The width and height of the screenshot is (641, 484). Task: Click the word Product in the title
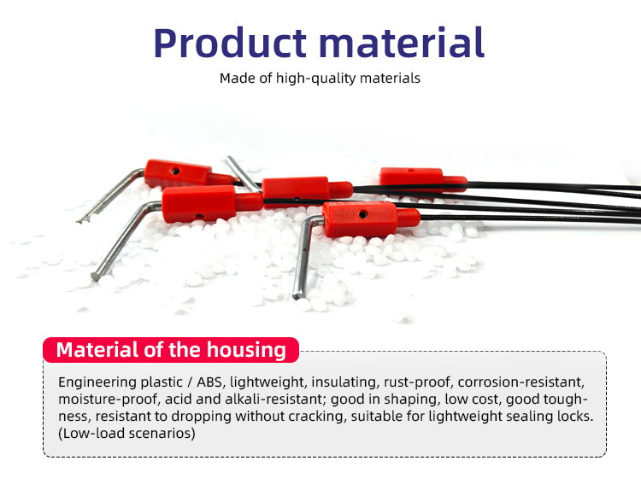pyautogui.click(x=230, y=44)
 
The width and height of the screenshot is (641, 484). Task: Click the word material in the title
pyautogui.click(x=402, y=43)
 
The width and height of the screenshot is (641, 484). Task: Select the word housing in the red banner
pyautogui.click(x=246, y=350)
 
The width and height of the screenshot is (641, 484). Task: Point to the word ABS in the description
pyautogui.click(x=209, y=382)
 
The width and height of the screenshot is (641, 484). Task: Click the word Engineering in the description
pyautogui.click(x=97, y=382)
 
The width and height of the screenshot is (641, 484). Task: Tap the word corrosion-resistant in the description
pyautogui.click(x=521, y=382)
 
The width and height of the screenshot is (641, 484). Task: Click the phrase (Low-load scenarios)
pyautogui.click(x=126, y=434)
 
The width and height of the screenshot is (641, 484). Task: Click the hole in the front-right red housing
pyautogui.click(x=362, y=214)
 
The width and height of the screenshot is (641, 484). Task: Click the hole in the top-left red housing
pyautogui.click(x=175, y=171)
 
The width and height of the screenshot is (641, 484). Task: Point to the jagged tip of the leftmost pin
pyautogui.click(x=83, y=220)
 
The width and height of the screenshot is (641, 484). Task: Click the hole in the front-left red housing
pyautogui.click(x=199, y=217)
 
